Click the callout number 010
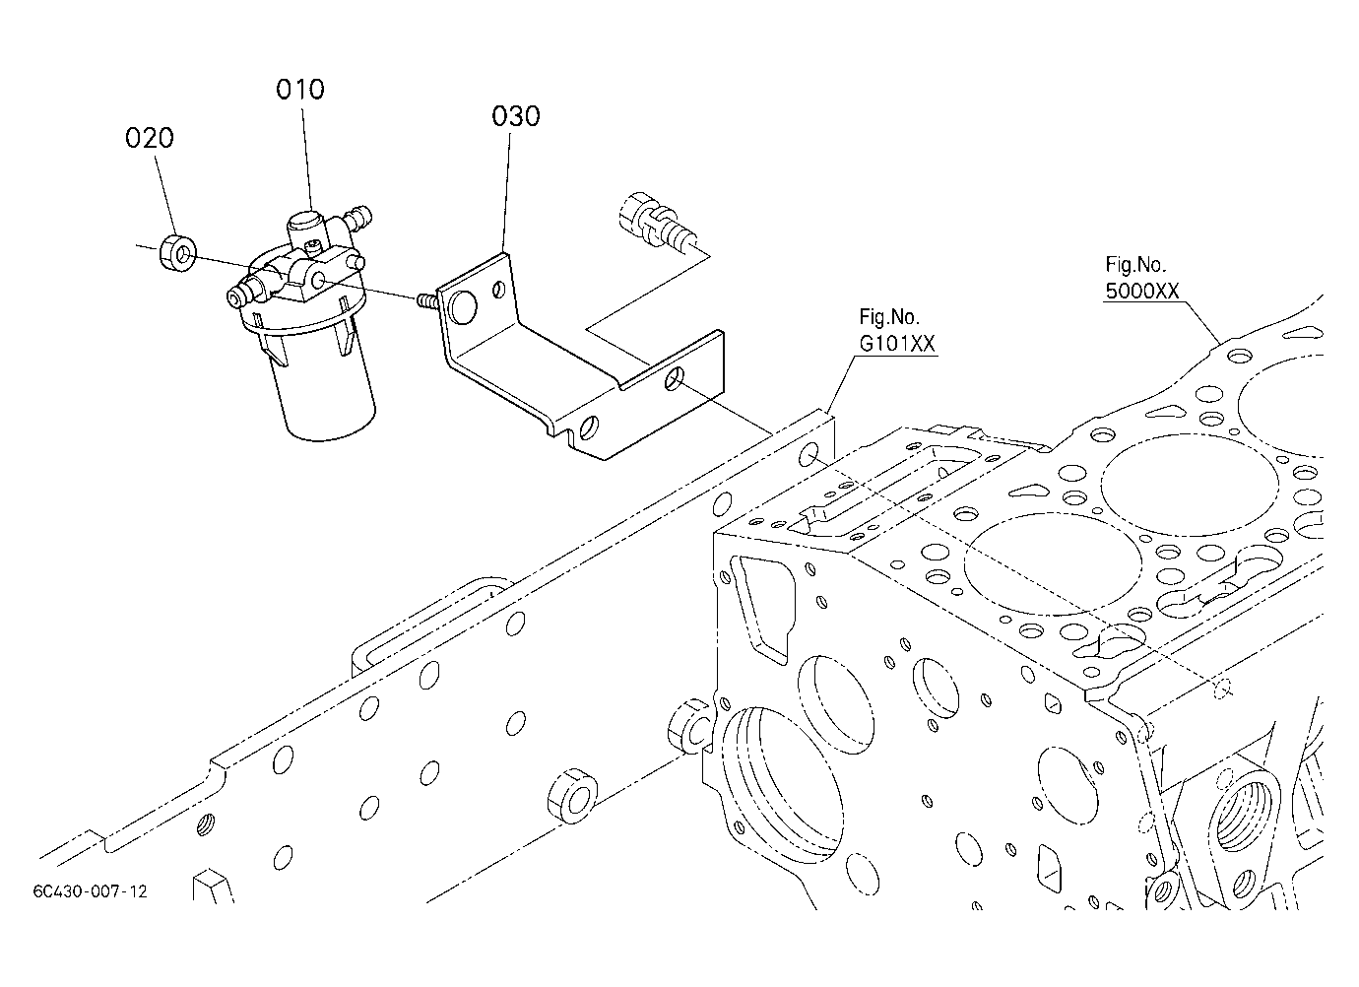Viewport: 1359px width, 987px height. click(299, 90)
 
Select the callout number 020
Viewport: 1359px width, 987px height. click(150, 138)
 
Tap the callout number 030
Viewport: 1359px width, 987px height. click(515, 116)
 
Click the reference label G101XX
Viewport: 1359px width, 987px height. click(897, 344)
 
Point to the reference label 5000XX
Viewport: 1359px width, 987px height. click(1141, 292)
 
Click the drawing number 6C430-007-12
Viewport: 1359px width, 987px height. click(90, 891)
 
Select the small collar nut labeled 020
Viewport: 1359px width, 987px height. click(178, 252)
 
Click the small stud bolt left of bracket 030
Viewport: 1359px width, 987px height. click(427, 299)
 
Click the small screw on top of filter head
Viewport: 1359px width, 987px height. click(313, 245)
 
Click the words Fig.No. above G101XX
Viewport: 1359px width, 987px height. click(889, 317)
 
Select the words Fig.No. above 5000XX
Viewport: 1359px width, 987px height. click(1135, 264)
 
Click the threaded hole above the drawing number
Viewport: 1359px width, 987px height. click(206, 824)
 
